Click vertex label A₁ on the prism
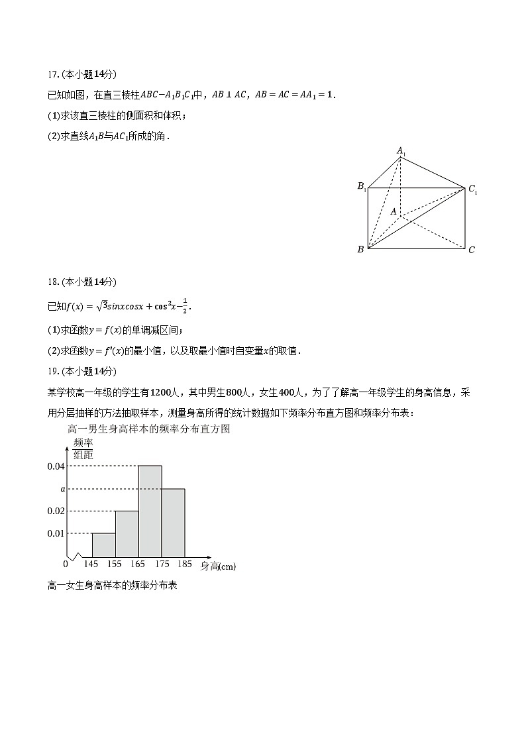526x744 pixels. click(x=401, y=151)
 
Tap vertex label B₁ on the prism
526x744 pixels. click(x=362, y=186)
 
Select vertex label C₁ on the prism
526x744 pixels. click(x=472, y=189)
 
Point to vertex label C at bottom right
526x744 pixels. click(x=471, y=250)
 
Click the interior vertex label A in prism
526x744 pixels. click(x=393, y=211)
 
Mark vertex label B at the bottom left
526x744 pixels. click(x=360, y=250)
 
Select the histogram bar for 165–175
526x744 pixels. click(x=150, y=511)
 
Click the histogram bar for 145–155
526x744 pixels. click(x=103, y=545)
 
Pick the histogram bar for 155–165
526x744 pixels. click(x=127, y=533)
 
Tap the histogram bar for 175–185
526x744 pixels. click(x=173, y=522)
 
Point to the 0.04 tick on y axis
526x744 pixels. click(x=56, y=466)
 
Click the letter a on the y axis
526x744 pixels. click(x=62, y=489)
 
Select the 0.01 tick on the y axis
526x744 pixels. click(x=56, y=533)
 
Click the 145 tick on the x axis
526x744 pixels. click(x=91, y=564)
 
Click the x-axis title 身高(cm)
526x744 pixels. click(x=218, y=566)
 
